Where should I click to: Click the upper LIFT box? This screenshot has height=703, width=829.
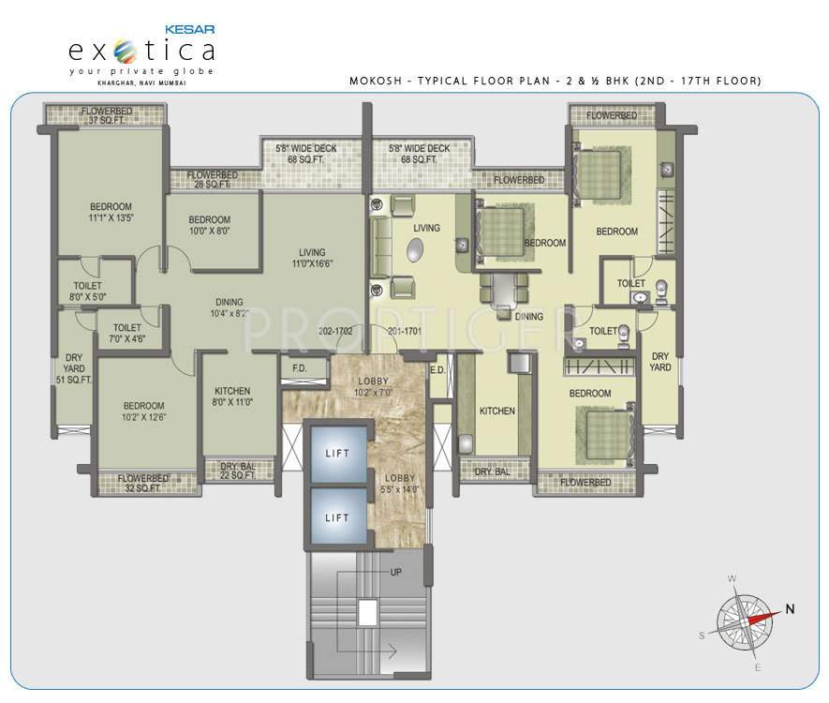(x=336, y=454)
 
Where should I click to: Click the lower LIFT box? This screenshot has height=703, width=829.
(x=336, y=517)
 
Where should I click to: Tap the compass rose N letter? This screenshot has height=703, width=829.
(x=790, y=608)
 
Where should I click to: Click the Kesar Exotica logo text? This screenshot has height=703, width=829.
(x=141, y=49)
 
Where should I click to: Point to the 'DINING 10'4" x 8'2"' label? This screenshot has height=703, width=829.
(x=229, y=307)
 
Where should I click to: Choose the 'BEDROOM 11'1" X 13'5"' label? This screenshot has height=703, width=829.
(x=111, y=213)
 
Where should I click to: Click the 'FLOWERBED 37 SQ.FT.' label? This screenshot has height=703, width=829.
(x=106, y=116)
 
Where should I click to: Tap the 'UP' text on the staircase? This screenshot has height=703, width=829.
(x=396, y=572)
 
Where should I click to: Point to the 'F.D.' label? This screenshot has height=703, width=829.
(x=300, y=368)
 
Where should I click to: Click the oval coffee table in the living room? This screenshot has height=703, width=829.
(x=416, y=250)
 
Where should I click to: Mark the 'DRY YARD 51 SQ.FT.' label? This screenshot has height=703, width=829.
(x=74, y=368)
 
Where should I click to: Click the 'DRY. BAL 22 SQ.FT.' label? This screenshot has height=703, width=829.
(x=238, y=471)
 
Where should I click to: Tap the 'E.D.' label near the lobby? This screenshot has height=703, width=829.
(x=437, y=369)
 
